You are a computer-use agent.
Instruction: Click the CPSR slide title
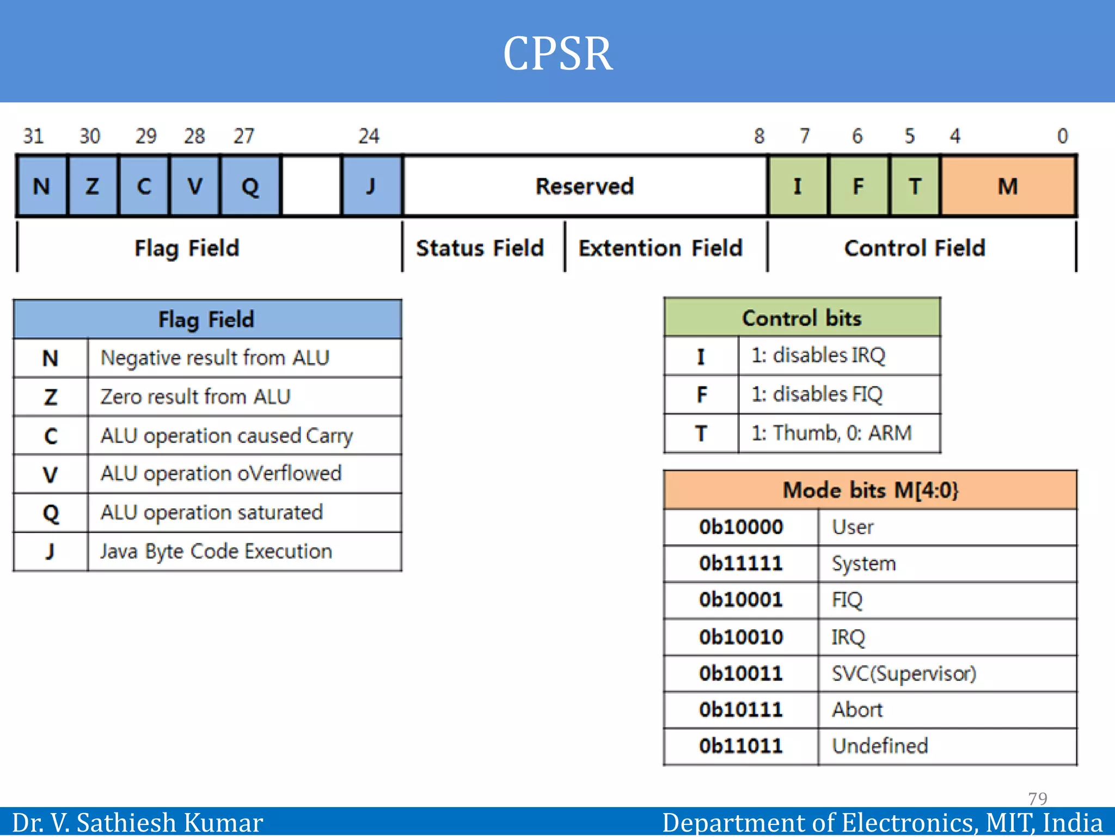coord(557,53)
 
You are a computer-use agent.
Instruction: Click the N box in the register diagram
coord(42,186)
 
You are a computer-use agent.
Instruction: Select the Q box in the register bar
coord(250,186)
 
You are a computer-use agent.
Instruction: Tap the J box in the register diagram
coord(371,186)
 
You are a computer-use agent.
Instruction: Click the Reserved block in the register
coord(585,186)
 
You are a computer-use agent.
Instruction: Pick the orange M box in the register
coord(1008,186)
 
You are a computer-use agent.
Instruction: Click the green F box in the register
coord(858,186)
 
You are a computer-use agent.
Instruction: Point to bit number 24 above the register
coord(369,136)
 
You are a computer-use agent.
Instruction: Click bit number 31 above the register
coord(33,136)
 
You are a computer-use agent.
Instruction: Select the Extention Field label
coord(660,248)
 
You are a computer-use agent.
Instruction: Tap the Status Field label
coord(480,248)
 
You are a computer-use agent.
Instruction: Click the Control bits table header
coord(801,318)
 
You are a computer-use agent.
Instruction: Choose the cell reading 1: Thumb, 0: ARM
coord(831,433)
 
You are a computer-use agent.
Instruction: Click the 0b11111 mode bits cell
coord(741,563)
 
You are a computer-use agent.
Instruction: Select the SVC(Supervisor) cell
coord(904,674)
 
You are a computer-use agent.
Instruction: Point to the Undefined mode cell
coord(880,746)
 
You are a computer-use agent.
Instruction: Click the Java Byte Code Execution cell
coord(216,551)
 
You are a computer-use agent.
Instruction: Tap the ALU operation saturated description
coord(212,512)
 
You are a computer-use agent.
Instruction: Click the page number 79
coord(1037,798)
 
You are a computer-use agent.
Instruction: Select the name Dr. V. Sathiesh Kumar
coord(137,822)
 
